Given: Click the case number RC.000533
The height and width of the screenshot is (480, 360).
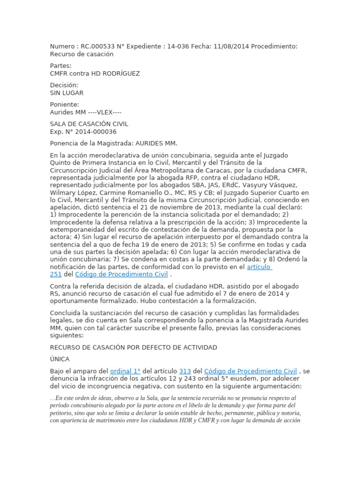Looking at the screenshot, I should point(97,46).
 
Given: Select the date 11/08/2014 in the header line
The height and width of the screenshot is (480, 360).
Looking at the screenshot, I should point(232,46).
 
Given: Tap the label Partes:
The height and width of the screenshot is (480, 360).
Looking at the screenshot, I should point(61,66).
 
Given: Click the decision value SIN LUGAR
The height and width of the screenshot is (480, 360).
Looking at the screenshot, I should point(67,93).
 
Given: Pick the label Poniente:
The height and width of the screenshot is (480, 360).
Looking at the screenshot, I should point(65,105).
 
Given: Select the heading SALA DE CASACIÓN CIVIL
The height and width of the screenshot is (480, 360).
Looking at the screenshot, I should point(89,124).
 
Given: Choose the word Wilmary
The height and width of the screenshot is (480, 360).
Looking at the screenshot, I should point(63,192).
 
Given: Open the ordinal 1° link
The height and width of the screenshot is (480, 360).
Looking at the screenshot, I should point(125,371).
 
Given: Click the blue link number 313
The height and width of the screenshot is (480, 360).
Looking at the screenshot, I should point(185,371).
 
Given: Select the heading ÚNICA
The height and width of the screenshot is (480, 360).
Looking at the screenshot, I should point(60,359).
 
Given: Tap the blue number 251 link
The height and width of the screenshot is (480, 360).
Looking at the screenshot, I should point(56,274).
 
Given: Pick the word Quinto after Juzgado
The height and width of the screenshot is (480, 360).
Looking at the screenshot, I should point(60,163).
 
